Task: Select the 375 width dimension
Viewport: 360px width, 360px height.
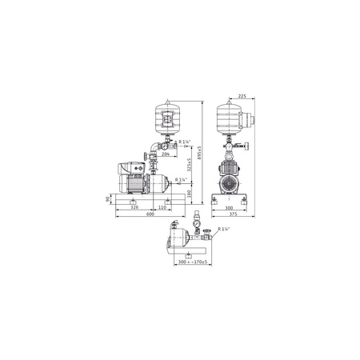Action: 231,214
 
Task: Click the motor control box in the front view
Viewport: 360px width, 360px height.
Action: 128,168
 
